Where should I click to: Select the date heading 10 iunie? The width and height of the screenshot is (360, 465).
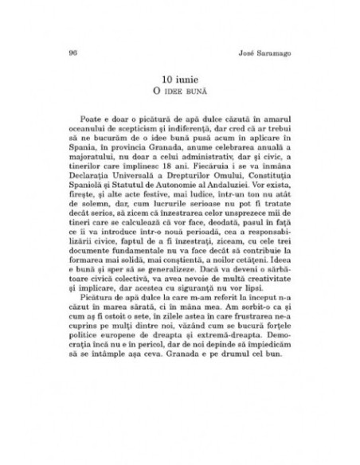pyautogui.click(x=180, y=80)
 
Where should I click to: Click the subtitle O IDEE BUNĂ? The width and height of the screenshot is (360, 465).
pyautogui.click(x=180, y=93)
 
